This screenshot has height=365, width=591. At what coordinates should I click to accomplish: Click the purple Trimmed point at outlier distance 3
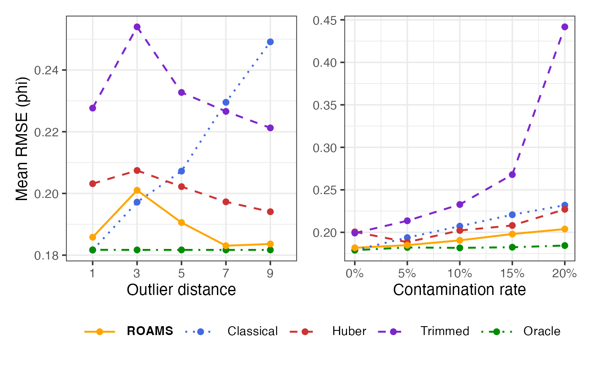click(x=137, y=27)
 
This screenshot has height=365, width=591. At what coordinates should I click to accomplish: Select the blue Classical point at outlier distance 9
click(x=270, y=42)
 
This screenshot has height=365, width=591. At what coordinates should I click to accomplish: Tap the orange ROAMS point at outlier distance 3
click(x=137, y=190)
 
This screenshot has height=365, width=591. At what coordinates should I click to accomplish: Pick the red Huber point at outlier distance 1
click(x=92, y=184)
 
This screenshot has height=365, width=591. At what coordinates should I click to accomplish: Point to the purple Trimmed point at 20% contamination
click(x=565, y=27)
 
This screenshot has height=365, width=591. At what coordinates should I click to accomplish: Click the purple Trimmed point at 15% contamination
click(x=512, y=174)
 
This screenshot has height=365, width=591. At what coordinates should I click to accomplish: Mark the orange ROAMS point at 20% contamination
click(x=565, y=229)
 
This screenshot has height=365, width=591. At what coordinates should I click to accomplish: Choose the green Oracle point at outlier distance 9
click(x=270, y=250)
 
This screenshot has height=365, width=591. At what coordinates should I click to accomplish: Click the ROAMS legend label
click(x=150, y=331)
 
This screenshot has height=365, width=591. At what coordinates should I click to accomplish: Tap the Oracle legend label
click(x=542, y=331)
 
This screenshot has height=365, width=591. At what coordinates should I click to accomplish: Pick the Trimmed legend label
click(x=445, y=331)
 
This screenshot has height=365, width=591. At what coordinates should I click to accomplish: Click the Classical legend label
click(x=252, y=331)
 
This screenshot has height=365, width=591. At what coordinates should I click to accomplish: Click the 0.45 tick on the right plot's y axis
click(x=324, y=20)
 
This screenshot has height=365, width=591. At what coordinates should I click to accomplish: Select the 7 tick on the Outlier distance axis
click(x=226, y=273)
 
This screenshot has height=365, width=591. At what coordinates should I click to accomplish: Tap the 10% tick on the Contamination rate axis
click(x=460, y=273)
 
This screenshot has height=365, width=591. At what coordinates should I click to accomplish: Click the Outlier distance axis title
click(x=181, y=290)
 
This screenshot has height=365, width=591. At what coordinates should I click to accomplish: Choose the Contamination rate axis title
click(x=460, y=290)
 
